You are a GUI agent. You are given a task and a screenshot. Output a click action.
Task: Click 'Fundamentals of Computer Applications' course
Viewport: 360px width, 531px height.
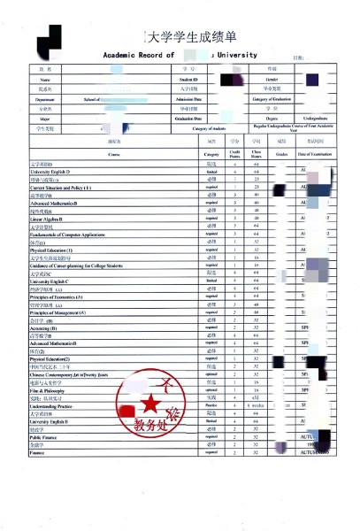71,233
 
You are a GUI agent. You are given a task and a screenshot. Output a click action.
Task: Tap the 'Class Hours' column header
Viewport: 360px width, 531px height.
256,154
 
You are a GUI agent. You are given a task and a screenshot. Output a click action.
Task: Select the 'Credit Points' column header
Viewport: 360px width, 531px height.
234,154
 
